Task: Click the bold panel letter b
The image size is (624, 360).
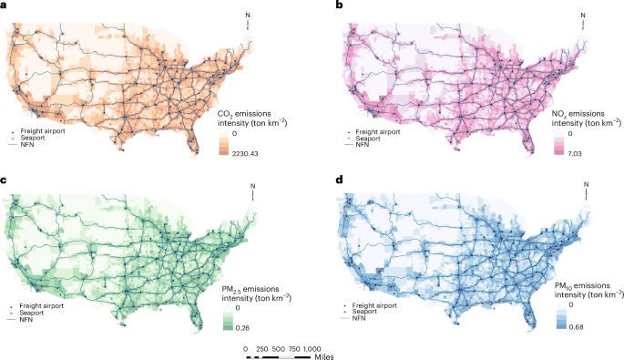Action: tap(314, 6)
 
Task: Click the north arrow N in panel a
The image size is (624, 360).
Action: tap(249, 14)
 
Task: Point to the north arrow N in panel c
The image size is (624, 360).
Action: tap(254, 187)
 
